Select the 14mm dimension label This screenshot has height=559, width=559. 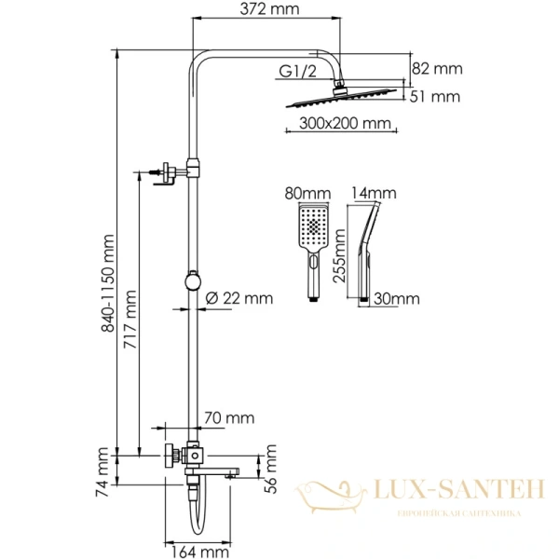(x=373, y=194)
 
